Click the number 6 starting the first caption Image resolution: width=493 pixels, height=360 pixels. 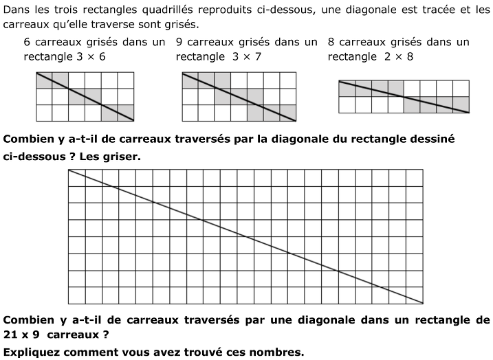[x=27, y=42]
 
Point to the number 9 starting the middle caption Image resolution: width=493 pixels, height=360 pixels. [x=179, y=42]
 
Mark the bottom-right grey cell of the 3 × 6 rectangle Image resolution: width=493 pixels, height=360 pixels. [x=126, y=112]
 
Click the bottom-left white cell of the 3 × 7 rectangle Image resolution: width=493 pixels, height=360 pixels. [x=190, y=112]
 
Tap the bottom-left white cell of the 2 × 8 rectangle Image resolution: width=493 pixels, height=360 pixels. [x=347, y=104]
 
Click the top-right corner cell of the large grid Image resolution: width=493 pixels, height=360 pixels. [x=415, y=177]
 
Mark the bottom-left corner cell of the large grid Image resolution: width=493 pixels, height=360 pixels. [x=76, y=295]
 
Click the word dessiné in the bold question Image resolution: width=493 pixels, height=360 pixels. [x=435, y=139]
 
